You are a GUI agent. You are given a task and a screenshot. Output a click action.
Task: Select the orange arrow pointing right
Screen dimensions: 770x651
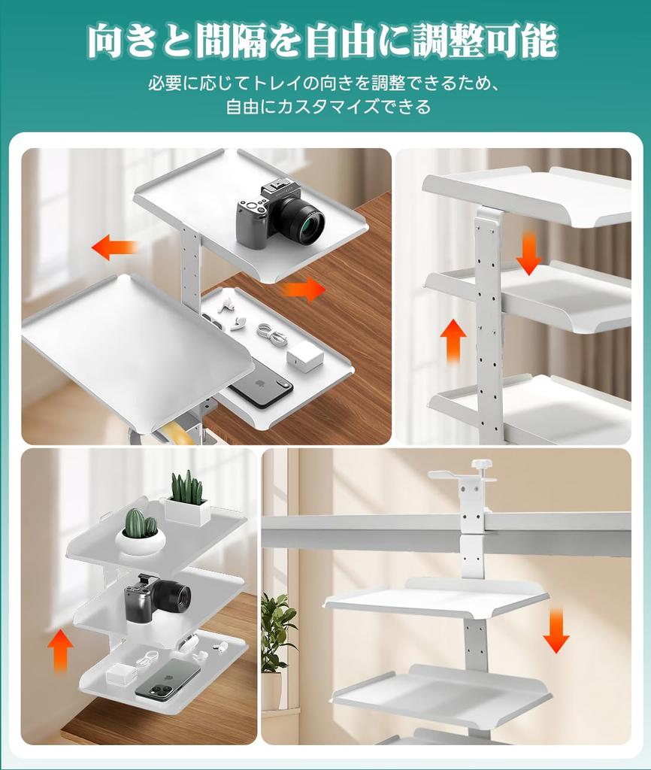coord(304,289)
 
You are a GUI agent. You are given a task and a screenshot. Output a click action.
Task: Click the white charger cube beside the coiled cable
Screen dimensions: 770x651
coord(304,355)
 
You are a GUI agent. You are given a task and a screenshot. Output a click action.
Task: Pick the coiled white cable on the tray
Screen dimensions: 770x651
coord(271,333)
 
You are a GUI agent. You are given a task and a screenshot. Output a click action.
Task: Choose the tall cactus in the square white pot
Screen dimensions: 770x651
coord(186,490)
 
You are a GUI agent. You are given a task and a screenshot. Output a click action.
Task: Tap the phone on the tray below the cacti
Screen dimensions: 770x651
coord(167,679)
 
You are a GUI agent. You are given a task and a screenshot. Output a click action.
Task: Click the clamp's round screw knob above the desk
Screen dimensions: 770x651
coord(481,464)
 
